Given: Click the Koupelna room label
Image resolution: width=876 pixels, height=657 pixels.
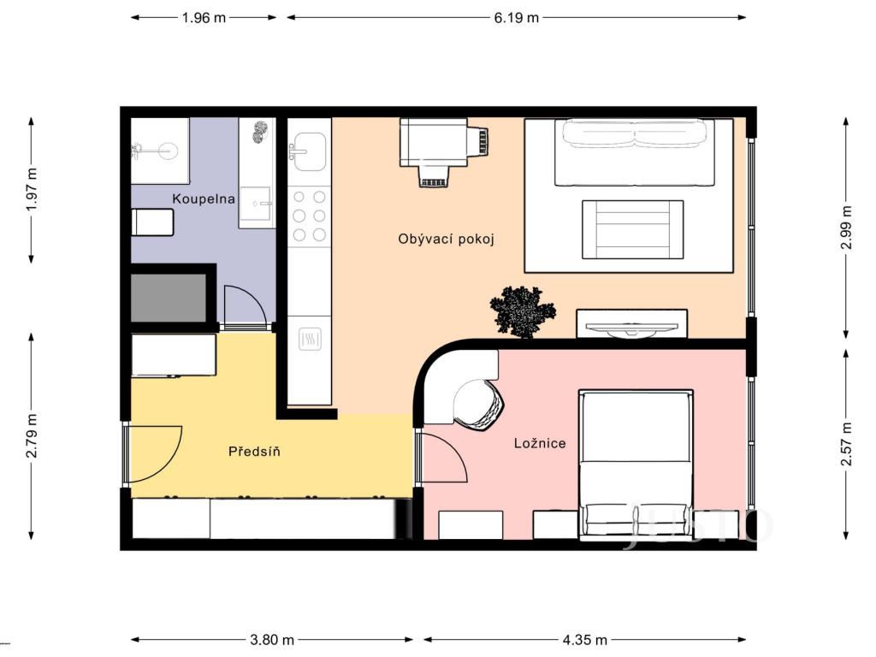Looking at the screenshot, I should point(204,198).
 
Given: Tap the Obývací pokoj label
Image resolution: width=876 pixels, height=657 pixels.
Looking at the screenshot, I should point(447,239).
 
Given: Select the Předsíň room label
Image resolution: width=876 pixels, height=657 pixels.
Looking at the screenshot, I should point(254,451).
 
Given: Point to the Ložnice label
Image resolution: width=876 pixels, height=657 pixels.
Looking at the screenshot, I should point(540,443).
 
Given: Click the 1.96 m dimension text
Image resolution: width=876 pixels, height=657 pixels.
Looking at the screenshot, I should point(204,17).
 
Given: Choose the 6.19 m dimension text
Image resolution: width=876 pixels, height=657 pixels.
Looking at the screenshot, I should point(516,17).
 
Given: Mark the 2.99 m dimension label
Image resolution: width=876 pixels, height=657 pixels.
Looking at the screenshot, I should point(846,228).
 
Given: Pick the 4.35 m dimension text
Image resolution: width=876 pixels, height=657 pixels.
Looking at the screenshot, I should point(584,640).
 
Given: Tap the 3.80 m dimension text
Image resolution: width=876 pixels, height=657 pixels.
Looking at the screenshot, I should point(271,640).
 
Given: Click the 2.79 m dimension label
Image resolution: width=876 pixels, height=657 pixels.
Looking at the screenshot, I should point(32,435).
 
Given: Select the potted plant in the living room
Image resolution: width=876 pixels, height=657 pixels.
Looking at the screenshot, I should point(518,310).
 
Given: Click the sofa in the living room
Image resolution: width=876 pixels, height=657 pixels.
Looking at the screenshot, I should point(634,152).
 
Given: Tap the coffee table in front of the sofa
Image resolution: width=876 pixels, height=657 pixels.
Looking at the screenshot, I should point(633,228).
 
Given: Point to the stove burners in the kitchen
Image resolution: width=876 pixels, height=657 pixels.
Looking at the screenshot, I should point(309,215).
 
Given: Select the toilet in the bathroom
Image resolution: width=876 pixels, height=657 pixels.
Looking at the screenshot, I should point(153,222).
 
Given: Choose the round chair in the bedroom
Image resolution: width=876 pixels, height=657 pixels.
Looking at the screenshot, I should point(479,404).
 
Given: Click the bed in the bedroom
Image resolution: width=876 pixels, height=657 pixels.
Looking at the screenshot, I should point(635,465).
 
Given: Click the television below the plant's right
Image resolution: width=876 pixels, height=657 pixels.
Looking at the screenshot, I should point(632,324).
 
